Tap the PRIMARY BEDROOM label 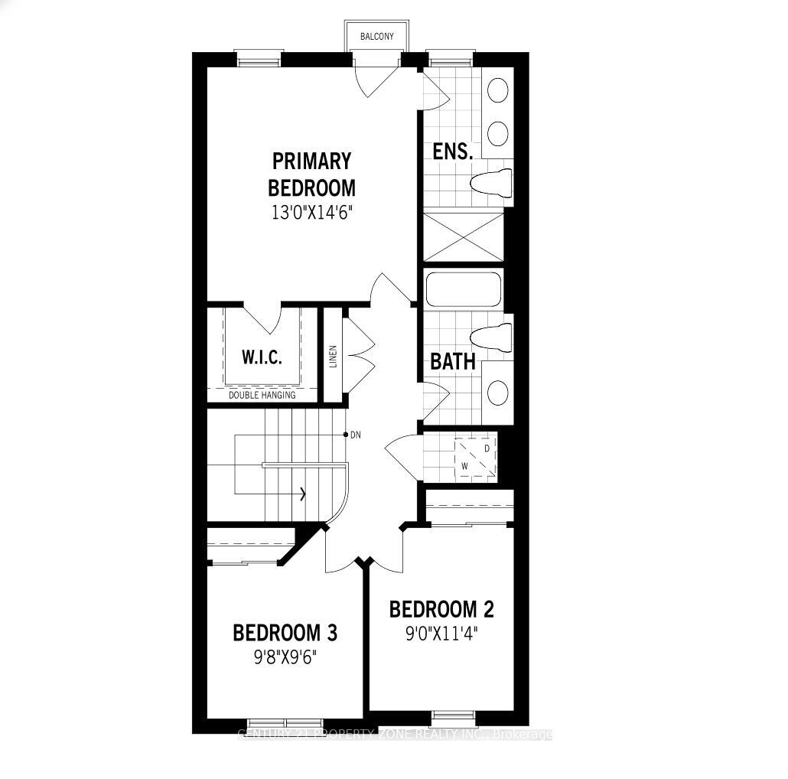[311, 174]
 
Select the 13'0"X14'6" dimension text [311, 212]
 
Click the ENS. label [452, 151]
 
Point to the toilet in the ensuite [490, 183]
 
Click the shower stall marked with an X [464, 236]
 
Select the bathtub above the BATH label [462, 290]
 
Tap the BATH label [453, 361]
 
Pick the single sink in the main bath [498, 393]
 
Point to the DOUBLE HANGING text [262, 396]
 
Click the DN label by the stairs [355, 435]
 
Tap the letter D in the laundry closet [486, 446]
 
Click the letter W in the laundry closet [464, 465]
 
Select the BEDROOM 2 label [441, 609]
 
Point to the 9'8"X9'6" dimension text [285, 657]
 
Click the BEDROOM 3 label [285, 633]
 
